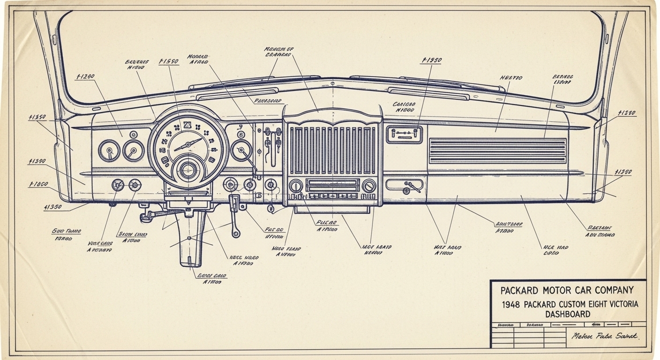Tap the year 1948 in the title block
(x=511, y=304)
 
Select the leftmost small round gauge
(x=109, y=151)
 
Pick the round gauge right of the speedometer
(x=241, y=150)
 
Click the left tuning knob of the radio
(x=296, y=186)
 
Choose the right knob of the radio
(x=369, y=186)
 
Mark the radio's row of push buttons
(x=332, y=195)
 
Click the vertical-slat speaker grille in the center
(x=332, y=150)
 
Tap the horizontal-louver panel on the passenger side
(x=498, y=150)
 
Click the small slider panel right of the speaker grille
(x=404, y=135)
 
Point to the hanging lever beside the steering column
(x=234, y=216)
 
